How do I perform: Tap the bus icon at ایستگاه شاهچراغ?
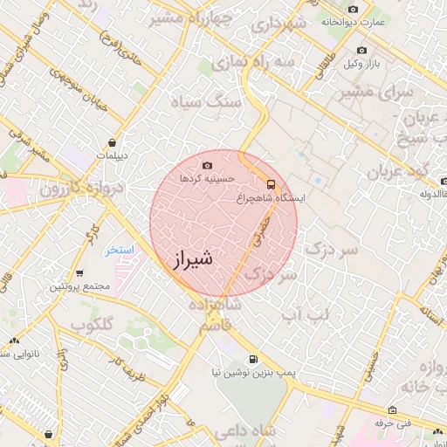(271, 184)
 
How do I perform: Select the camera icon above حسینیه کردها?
(207, 165)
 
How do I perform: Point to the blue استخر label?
(120, 250)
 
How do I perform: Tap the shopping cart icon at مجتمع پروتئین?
(80, 273)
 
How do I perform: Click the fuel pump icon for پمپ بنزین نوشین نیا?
(253, 359)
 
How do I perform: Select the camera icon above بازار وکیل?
(361, 51)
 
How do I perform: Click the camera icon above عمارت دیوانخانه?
(353, 10)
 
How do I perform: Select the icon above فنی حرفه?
(392, 410)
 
